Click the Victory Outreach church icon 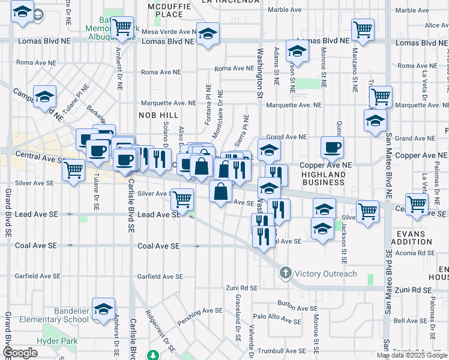[x=285, y=274]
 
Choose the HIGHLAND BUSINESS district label [x=324, y=178]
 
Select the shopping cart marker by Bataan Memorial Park [x=122, y=27]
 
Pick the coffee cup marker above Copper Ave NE [x=331, y=147]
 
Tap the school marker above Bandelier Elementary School [x=104, y=308]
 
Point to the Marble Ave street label [x=285, y=10]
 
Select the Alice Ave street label [x=432, y=26]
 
